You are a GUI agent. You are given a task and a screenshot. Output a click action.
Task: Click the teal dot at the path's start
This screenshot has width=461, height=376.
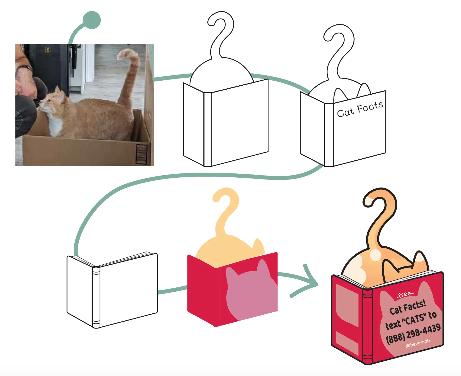(x=92, y=20)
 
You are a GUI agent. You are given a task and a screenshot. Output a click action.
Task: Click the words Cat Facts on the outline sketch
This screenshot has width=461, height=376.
(x=360, y=109)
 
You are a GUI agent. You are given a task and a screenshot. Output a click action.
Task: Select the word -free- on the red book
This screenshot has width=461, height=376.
(x=405, y=295)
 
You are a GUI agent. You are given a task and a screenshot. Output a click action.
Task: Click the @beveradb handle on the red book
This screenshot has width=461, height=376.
(x=417, y=343)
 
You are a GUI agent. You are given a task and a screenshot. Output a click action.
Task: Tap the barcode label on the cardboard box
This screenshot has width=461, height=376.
(x=141, y=154)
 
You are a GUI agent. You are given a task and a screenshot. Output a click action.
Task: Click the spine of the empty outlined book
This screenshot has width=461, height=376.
(x=96, y=297)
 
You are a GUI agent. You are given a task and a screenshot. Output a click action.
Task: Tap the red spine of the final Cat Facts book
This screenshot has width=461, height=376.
(x=368, y=326)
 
